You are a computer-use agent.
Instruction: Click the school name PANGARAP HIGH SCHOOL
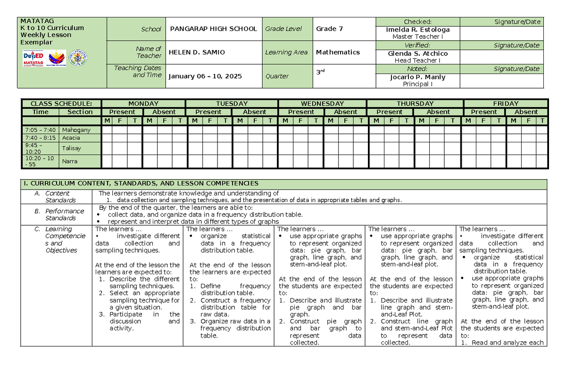point(213,29)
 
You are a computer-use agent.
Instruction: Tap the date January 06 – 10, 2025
point(205,76)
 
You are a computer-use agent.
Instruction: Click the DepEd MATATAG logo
point(33,59)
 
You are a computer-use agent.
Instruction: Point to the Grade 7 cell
point(329,29)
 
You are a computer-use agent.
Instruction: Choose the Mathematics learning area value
point(338,52)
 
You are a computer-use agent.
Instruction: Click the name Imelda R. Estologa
point(417,29)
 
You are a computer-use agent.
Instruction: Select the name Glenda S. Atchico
point(417,53)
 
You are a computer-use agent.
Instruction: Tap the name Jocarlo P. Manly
point(417,77)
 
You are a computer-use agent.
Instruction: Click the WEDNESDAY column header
point(323,104)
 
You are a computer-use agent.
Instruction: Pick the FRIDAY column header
point(505,104)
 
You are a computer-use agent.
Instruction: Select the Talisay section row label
point(71,148)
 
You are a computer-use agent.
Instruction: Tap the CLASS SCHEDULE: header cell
point(59,104)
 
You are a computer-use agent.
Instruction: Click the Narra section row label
point(70,162)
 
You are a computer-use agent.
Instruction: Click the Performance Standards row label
point(65,214)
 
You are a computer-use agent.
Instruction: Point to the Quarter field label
point(277,76)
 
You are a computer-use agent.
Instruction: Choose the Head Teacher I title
point(417,60)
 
